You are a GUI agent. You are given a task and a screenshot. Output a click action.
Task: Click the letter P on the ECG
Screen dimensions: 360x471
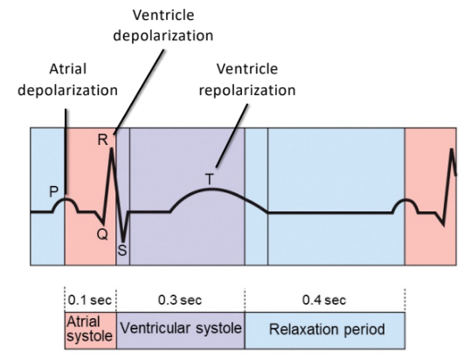(53, 190)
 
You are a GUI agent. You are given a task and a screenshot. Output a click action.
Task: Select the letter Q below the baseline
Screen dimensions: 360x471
(101, 234)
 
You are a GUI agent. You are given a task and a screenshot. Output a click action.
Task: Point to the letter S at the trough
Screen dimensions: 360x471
(122, 249)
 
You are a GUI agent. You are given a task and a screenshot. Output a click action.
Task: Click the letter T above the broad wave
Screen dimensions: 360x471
(209, 179)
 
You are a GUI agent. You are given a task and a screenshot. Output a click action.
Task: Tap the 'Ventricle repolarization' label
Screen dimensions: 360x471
(256, 78)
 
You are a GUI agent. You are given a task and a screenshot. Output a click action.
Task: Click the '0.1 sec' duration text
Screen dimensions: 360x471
(87, 300)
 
